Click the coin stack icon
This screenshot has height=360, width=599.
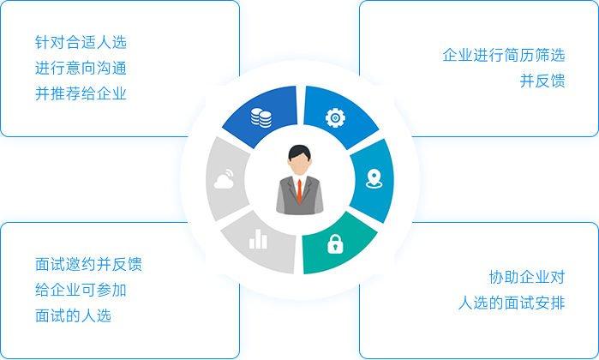[x=261, y=117]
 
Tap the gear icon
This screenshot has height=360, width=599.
[x=335, y=117]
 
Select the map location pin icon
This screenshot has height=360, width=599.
[x=374, y=179]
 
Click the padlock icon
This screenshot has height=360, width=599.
[x=335, y=243]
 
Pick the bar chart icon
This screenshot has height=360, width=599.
[x=258, y=239]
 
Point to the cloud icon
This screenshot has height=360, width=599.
[x=225, y=179]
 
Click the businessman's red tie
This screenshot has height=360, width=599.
[x=300, y=191]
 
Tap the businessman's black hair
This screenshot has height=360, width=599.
[x=300, y=152]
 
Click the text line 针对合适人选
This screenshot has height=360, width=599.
[x=81, y=42]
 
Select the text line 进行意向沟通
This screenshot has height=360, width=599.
[x=81, y=68]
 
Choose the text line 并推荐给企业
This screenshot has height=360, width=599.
[x=81, y=93]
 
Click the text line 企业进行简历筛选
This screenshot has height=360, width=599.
[x=504, y=55]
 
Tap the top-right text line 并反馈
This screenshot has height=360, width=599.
[x=542, y=81]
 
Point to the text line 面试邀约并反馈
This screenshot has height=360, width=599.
[x=88, y=264]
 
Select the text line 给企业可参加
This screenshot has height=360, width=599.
[x=81, y=290]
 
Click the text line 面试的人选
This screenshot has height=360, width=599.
[x=73, y=315]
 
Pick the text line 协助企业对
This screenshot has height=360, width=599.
[x=527, y=277]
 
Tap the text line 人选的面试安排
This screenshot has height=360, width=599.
[x=511, y=303]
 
